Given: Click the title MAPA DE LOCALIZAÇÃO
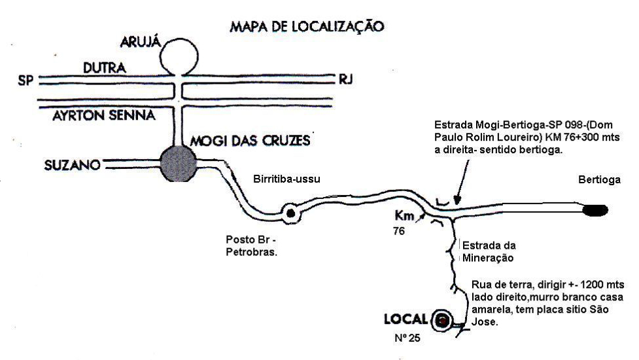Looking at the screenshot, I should (306, 27).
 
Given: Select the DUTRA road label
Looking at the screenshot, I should (104, 67).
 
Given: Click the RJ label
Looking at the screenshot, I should (345, 80).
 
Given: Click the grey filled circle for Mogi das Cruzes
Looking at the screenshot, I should (179, 164).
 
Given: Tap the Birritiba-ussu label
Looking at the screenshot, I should (288, 179).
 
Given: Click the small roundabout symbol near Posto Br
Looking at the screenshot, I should (290, 212).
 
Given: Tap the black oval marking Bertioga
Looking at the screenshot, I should (596, 210).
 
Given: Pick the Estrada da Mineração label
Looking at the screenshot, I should (489, 251).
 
